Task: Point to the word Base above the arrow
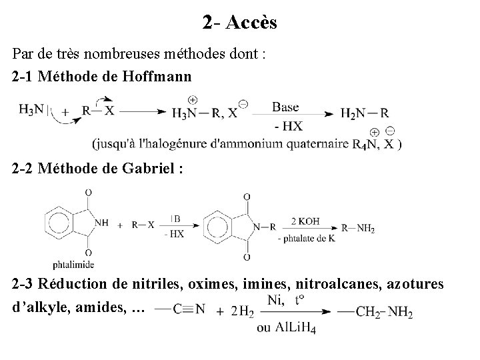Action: (285, 107)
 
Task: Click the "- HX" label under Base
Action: (287, 125)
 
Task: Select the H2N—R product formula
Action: (365, 113)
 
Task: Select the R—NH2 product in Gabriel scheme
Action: (358, 228)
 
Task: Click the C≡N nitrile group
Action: (189, 309)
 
